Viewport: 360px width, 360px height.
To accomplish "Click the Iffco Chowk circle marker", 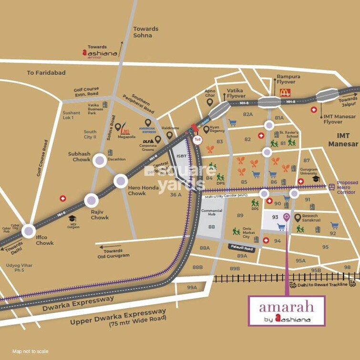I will (x=29, y=231).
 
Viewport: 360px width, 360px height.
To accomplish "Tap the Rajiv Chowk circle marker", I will (x=91, y=201).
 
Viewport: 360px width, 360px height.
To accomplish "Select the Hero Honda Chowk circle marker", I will (x=121, y=181).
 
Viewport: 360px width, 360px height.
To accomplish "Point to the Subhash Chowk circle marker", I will (x=100, y=160).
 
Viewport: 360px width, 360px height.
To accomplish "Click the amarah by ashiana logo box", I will (x=286, y=311).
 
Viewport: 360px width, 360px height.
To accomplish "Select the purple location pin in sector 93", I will (x=286, y=218).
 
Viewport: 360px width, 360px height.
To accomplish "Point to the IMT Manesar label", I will (x=343, y=140).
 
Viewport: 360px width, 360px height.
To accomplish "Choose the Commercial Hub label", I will (x=211, y=213).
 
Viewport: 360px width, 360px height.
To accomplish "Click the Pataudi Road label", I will (x=241, y=247).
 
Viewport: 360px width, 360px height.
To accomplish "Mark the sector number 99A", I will (x=192, y=287).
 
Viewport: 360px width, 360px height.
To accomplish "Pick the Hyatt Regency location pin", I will (x=206, y=129).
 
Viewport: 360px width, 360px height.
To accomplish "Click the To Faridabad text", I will (x=46, y=73).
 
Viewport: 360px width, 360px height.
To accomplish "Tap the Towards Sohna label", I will (x=145, y=32).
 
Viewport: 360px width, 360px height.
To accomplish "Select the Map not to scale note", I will (x=31, y=351).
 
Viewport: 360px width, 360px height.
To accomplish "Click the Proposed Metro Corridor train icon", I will (x=331, y=187).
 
